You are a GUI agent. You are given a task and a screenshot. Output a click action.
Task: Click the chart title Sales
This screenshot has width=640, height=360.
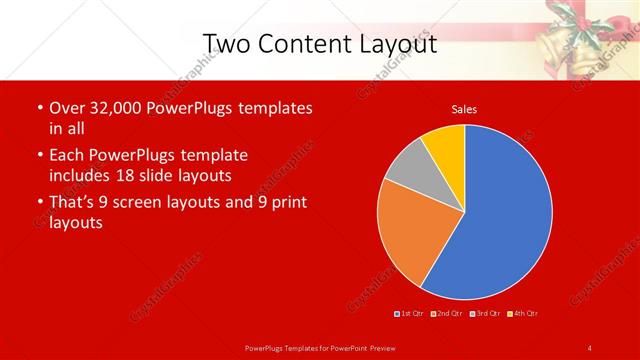click(463, 108)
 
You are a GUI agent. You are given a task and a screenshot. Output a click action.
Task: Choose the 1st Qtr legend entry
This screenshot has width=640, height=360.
click(411, 313)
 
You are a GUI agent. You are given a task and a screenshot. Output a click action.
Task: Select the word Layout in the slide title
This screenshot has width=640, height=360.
click(394, 44)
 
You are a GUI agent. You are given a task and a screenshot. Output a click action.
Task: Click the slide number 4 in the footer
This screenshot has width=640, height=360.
click(589, 347)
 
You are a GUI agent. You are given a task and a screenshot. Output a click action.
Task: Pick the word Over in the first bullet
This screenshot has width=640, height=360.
click(67, 108)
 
